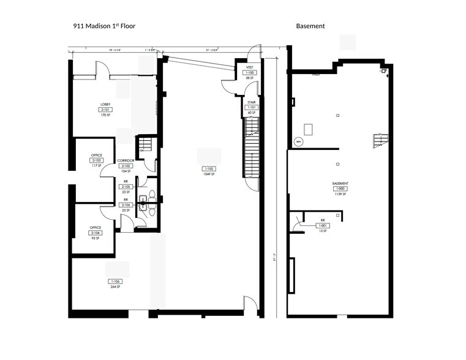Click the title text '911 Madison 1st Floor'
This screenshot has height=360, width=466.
[x=104, y=26]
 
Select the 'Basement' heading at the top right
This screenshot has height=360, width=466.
[x=310, y=26]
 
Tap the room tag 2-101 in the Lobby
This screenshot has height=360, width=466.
[x=105, y=110]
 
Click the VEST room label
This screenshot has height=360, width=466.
[x=250, y=67]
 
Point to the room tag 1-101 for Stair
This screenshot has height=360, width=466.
[x=251, y=107]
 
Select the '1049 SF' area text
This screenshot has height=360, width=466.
[x=209, y=174]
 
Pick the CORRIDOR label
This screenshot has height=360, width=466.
[x=126, y=160]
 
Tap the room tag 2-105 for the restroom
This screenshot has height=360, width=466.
[x=126, y=187]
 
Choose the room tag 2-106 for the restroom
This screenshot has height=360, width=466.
[x=126, y=205]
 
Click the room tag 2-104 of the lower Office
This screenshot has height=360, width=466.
[x=95, y=233]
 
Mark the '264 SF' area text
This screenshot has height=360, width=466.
[x=115, y=287]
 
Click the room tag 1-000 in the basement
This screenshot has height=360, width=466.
[x=340, y=189]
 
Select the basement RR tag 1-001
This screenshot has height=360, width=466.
[x=322, y=225]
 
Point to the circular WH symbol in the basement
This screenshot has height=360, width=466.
[x=299, y=141]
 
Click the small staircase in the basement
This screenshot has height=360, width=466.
[x=380, y=140]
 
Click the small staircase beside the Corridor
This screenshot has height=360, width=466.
[x=145, y=146]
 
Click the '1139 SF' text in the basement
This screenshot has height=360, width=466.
[x=340, y=195]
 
